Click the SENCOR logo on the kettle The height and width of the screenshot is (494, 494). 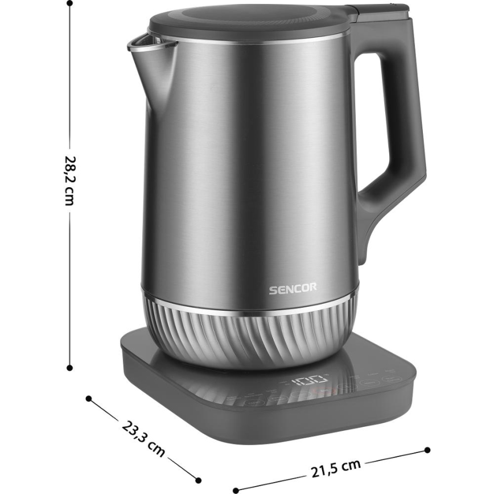[293, 289]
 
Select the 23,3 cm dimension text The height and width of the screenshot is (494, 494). [143, 437]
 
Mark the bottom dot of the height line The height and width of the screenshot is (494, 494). [70, 368]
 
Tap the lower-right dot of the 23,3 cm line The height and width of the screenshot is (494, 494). [198, 479]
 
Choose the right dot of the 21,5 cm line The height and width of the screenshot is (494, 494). [428, 450]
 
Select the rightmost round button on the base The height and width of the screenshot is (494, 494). [393, 380]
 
